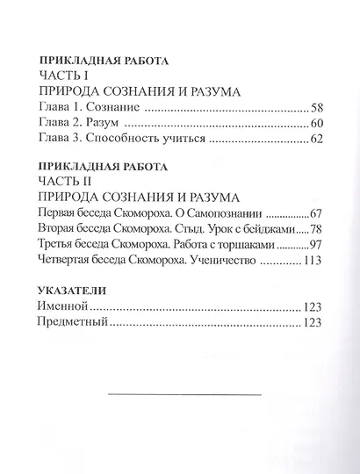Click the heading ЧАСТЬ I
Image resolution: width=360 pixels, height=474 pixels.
pyautogui.click(x=65, y=76)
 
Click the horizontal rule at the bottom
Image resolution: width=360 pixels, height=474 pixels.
pyautogui.click(x=184, y=394)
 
